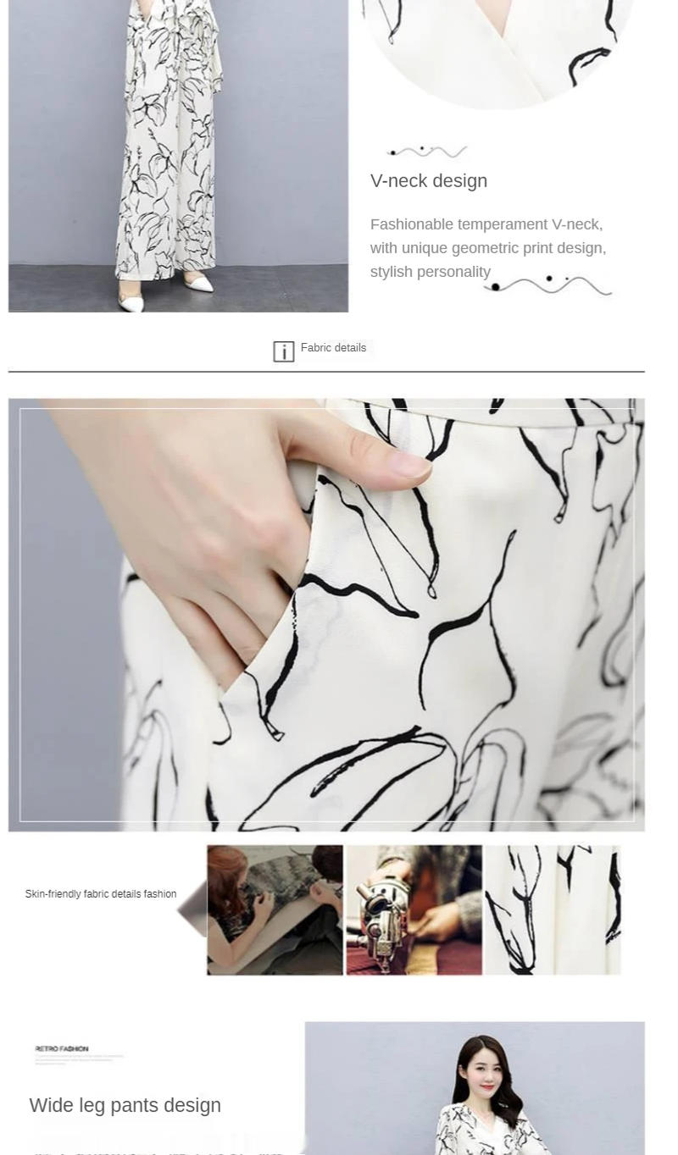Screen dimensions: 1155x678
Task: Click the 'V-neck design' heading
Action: tap(428, 180)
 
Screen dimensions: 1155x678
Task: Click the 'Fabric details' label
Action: tap(333, 348)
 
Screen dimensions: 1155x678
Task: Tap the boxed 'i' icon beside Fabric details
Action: tap(284, 351)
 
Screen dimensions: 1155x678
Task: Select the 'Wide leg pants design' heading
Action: tap(125, 1105)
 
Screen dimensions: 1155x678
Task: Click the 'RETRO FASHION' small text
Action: tap(62, 1048)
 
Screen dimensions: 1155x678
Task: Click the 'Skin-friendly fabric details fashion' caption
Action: tap(101, 894)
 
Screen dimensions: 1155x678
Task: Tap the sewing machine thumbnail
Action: tap(414, 909)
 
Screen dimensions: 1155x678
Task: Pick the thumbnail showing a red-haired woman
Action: tap(275, 909)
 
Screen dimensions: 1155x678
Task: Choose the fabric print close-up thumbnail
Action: tap(552, 909)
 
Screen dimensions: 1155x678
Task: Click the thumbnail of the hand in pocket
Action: tap(326, 614)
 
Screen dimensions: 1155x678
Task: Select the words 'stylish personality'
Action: tap(431, 272)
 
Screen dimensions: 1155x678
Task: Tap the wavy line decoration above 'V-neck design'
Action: tap(427, 152)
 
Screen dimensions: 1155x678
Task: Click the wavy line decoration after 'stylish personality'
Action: tap(548, 285)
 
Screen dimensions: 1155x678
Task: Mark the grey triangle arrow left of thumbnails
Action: tap(193, 909)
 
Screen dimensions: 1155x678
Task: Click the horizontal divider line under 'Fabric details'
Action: tap(326, 372)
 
